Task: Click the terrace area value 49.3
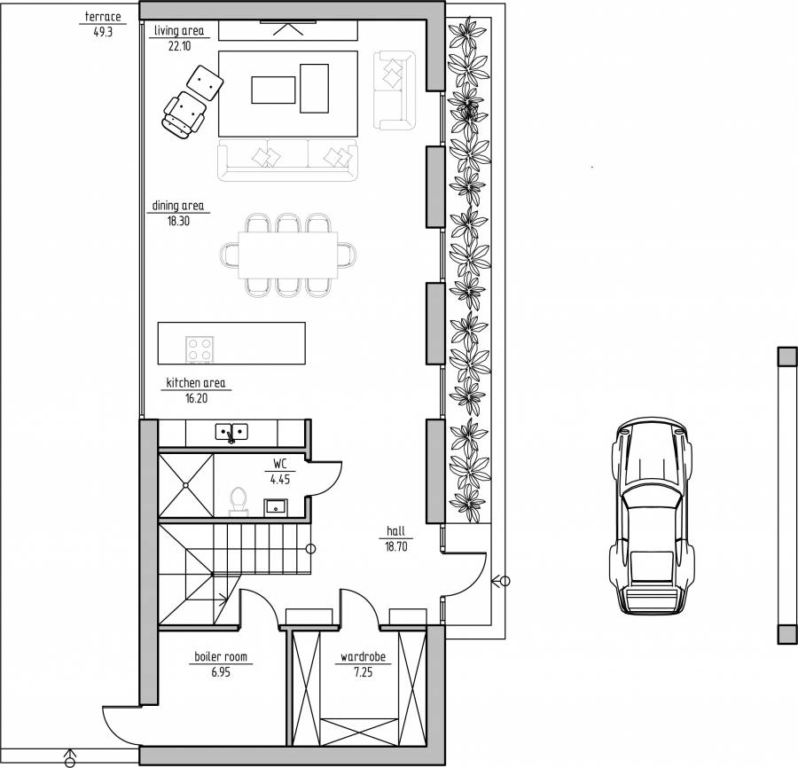103,32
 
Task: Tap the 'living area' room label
179,30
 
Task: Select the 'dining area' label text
178,206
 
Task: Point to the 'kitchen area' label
196,383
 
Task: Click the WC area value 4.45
280,480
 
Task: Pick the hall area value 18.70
396,546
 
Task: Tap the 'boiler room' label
221,656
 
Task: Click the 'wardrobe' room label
363,656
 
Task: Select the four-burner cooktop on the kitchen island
199,349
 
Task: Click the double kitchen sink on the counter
231,432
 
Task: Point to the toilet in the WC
239,501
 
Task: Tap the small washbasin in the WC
276,507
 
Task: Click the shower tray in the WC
186,485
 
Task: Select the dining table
288,255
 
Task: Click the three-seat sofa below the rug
287,160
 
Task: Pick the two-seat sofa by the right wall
395,90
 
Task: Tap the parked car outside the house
653,516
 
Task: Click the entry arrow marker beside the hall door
501,580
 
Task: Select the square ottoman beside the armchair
205,82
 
